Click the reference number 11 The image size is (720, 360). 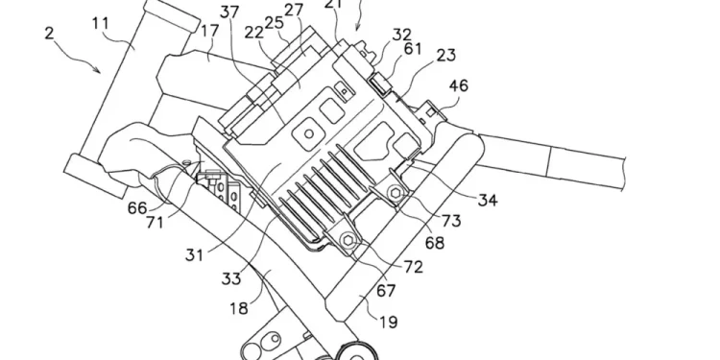pyautogui.click(x=100, y=23)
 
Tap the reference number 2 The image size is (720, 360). pyautogui.click(x=49, y=33)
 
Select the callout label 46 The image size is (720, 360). pyautogui.click(x=458, y=85)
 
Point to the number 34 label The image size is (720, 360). pyautogui.click(x=488, y=200)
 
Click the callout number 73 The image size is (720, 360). pyautogui.click(x=451, y=221)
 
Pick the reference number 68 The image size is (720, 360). pyautogui.click(x=434, y=243)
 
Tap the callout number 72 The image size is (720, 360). pyautogui.click(x=413, y=267)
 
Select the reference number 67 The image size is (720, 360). pyautogui.click(x=385, y=290)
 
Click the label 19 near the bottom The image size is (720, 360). pyautogui.click(x=388, y=322)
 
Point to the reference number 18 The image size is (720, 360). pyautogui.click(x=239, y=308)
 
